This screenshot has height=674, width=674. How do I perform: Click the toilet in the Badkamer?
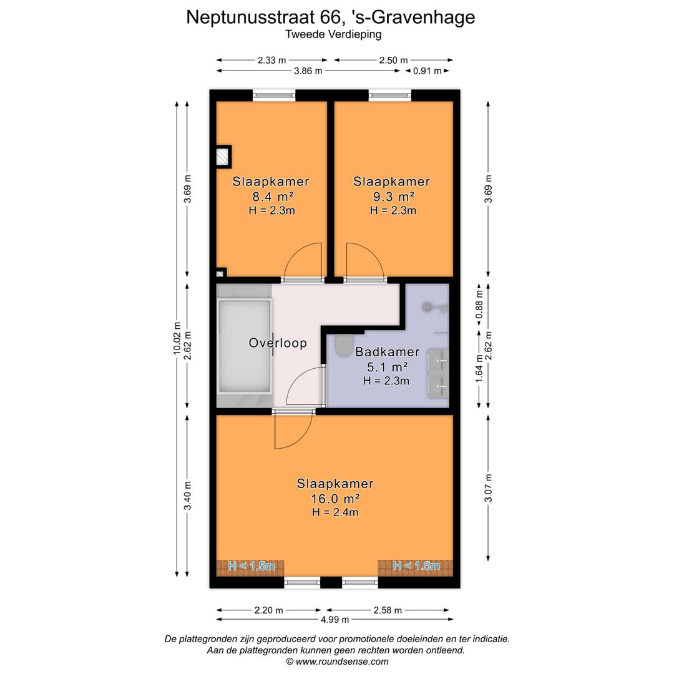[344, 346]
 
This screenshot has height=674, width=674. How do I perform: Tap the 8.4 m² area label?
[273, 197]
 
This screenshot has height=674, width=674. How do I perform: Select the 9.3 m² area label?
[393, 197]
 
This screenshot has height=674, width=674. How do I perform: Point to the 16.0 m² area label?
[335, 499]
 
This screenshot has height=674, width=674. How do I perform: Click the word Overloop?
[278, 343]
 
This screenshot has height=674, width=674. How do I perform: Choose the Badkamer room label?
[388, 352]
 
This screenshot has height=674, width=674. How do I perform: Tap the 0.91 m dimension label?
[427, 71]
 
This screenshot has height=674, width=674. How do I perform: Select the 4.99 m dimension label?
[335, 620]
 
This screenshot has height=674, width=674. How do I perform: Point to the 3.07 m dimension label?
[488, 488]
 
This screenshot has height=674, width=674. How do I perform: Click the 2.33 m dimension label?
[271, 60]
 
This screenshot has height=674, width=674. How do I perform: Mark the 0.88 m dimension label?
[479, 305]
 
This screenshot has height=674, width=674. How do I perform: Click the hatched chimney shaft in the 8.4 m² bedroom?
[222, 157]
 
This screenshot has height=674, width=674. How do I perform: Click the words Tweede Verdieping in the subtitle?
[333, 34]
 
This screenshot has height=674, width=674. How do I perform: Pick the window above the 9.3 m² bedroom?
[390, 95]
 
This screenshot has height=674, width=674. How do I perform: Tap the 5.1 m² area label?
[387, 367]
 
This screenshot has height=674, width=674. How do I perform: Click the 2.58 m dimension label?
[388, 610]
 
